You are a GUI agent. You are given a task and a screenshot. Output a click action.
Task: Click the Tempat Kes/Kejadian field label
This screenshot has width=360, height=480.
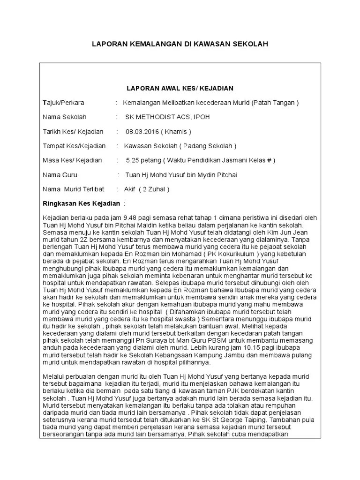coord(74,146)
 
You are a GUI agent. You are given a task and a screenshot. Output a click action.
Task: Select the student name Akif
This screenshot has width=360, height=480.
coord(129,189)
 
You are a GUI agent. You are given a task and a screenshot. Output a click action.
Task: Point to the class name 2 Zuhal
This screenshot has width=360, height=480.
coord(155,189)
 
